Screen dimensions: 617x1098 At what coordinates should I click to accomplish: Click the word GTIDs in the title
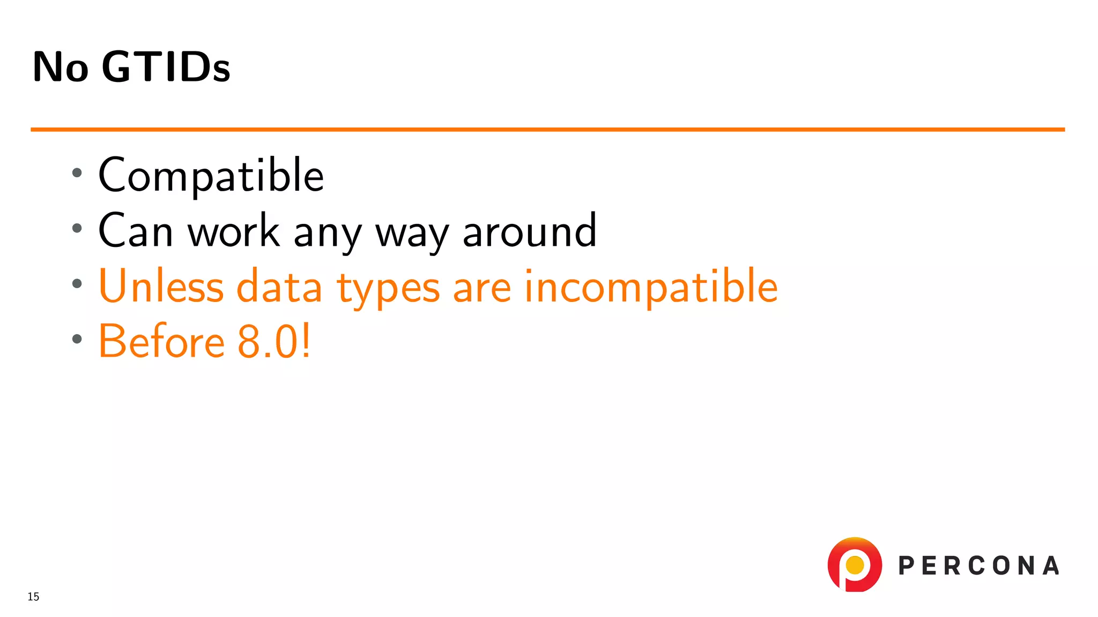(x=166, y=67)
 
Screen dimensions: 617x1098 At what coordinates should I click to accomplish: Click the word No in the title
(x=61, y=67)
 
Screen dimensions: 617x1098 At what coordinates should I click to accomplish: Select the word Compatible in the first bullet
(x=211, y=176)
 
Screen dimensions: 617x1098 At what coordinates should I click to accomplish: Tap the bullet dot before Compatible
(x=77, y=172)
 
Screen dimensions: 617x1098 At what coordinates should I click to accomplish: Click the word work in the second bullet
(x=234, y=231)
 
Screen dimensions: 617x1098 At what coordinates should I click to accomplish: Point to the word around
(x=529, y=231)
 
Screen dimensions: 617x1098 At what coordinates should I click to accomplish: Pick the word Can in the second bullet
(x=136, y=231)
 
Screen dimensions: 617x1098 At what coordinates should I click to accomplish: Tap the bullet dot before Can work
(x=77, y=228)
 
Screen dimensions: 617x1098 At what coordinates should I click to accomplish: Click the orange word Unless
(x=161, y=287)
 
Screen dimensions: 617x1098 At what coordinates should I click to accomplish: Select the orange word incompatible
(x=651, y=288)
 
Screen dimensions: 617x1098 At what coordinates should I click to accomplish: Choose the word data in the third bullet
(x=279, y=287)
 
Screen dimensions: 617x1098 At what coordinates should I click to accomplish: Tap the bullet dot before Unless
(x=77, y=284)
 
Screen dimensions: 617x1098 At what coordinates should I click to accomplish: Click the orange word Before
(x=161, y=342)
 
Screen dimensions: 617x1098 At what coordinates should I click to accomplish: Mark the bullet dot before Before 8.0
(x=77, y=339)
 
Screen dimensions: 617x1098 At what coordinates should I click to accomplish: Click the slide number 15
(x=33, y=597)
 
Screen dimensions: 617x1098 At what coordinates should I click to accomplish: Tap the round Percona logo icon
(x=855, y=565)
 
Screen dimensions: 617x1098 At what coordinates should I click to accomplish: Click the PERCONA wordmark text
(x=978, y=566)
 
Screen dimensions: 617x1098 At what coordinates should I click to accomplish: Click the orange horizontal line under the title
(x=547, y=130)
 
